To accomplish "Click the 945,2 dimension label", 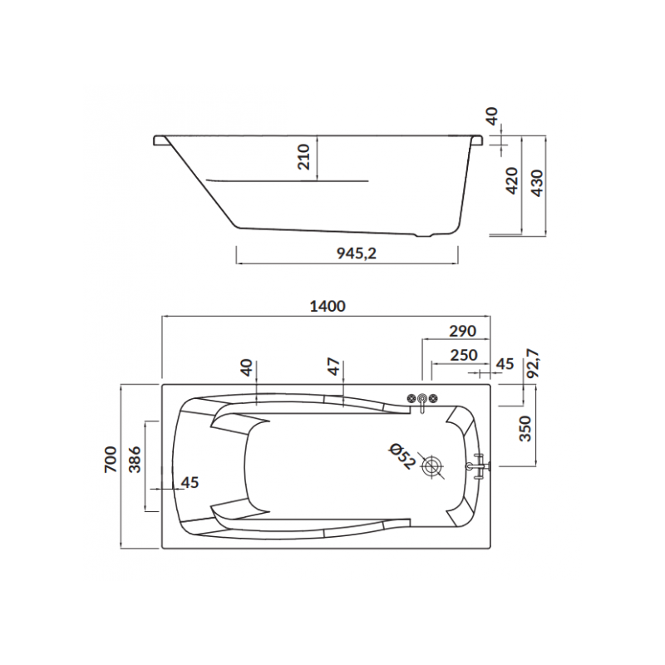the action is (357, 254).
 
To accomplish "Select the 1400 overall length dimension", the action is (328, 306).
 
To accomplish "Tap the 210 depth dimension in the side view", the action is (303, 157).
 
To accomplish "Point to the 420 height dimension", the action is (512, 180).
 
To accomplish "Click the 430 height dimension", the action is (537, 183).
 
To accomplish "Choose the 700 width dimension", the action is (111, 460).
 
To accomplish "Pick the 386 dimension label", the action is (135, 460).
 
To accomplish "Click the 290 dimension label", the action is (463, 330).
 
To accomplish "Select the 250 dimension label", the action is (464, 355).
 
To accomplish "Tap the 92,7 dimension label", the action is (533, 363).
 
